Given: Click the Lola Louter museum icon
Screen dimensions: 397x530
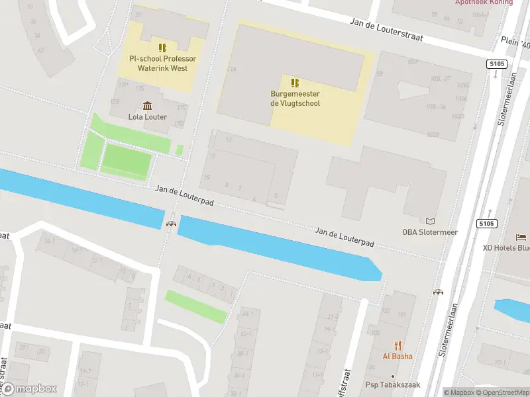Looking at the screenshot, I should point(147,106).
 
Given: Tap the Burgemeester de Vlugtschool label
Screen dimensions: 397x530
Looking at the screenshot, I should point(295,99).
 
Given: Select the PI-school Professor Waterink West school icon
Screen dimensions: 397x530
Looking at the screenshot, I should point(162,48).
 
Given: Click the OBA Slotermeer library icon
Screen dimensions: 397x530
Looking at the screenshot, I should point(431,222).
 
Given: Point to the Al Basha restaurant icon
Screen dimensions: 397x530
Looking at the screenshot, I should point(397,345).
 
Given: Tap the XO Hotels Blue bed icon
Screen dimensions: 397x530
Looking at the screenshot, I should point(521,237).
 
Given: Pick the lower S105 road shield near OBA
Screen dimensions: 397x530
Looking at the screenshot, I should point(487,223).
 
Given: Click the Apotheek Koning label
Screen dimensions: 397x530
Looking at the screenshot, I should point(484,3).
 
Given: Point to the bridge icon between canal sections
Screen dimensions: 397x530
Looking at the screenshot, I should point(172,224).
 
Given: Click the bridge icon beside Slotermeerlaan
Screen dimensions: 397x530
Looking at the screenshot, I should point(438,291).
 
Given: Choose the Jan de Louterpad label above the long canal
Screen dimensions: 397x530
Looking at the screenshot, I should point(344,237).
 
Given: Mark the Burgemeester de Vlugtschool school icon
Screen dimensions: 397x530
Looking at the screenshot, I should point(295,83).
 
